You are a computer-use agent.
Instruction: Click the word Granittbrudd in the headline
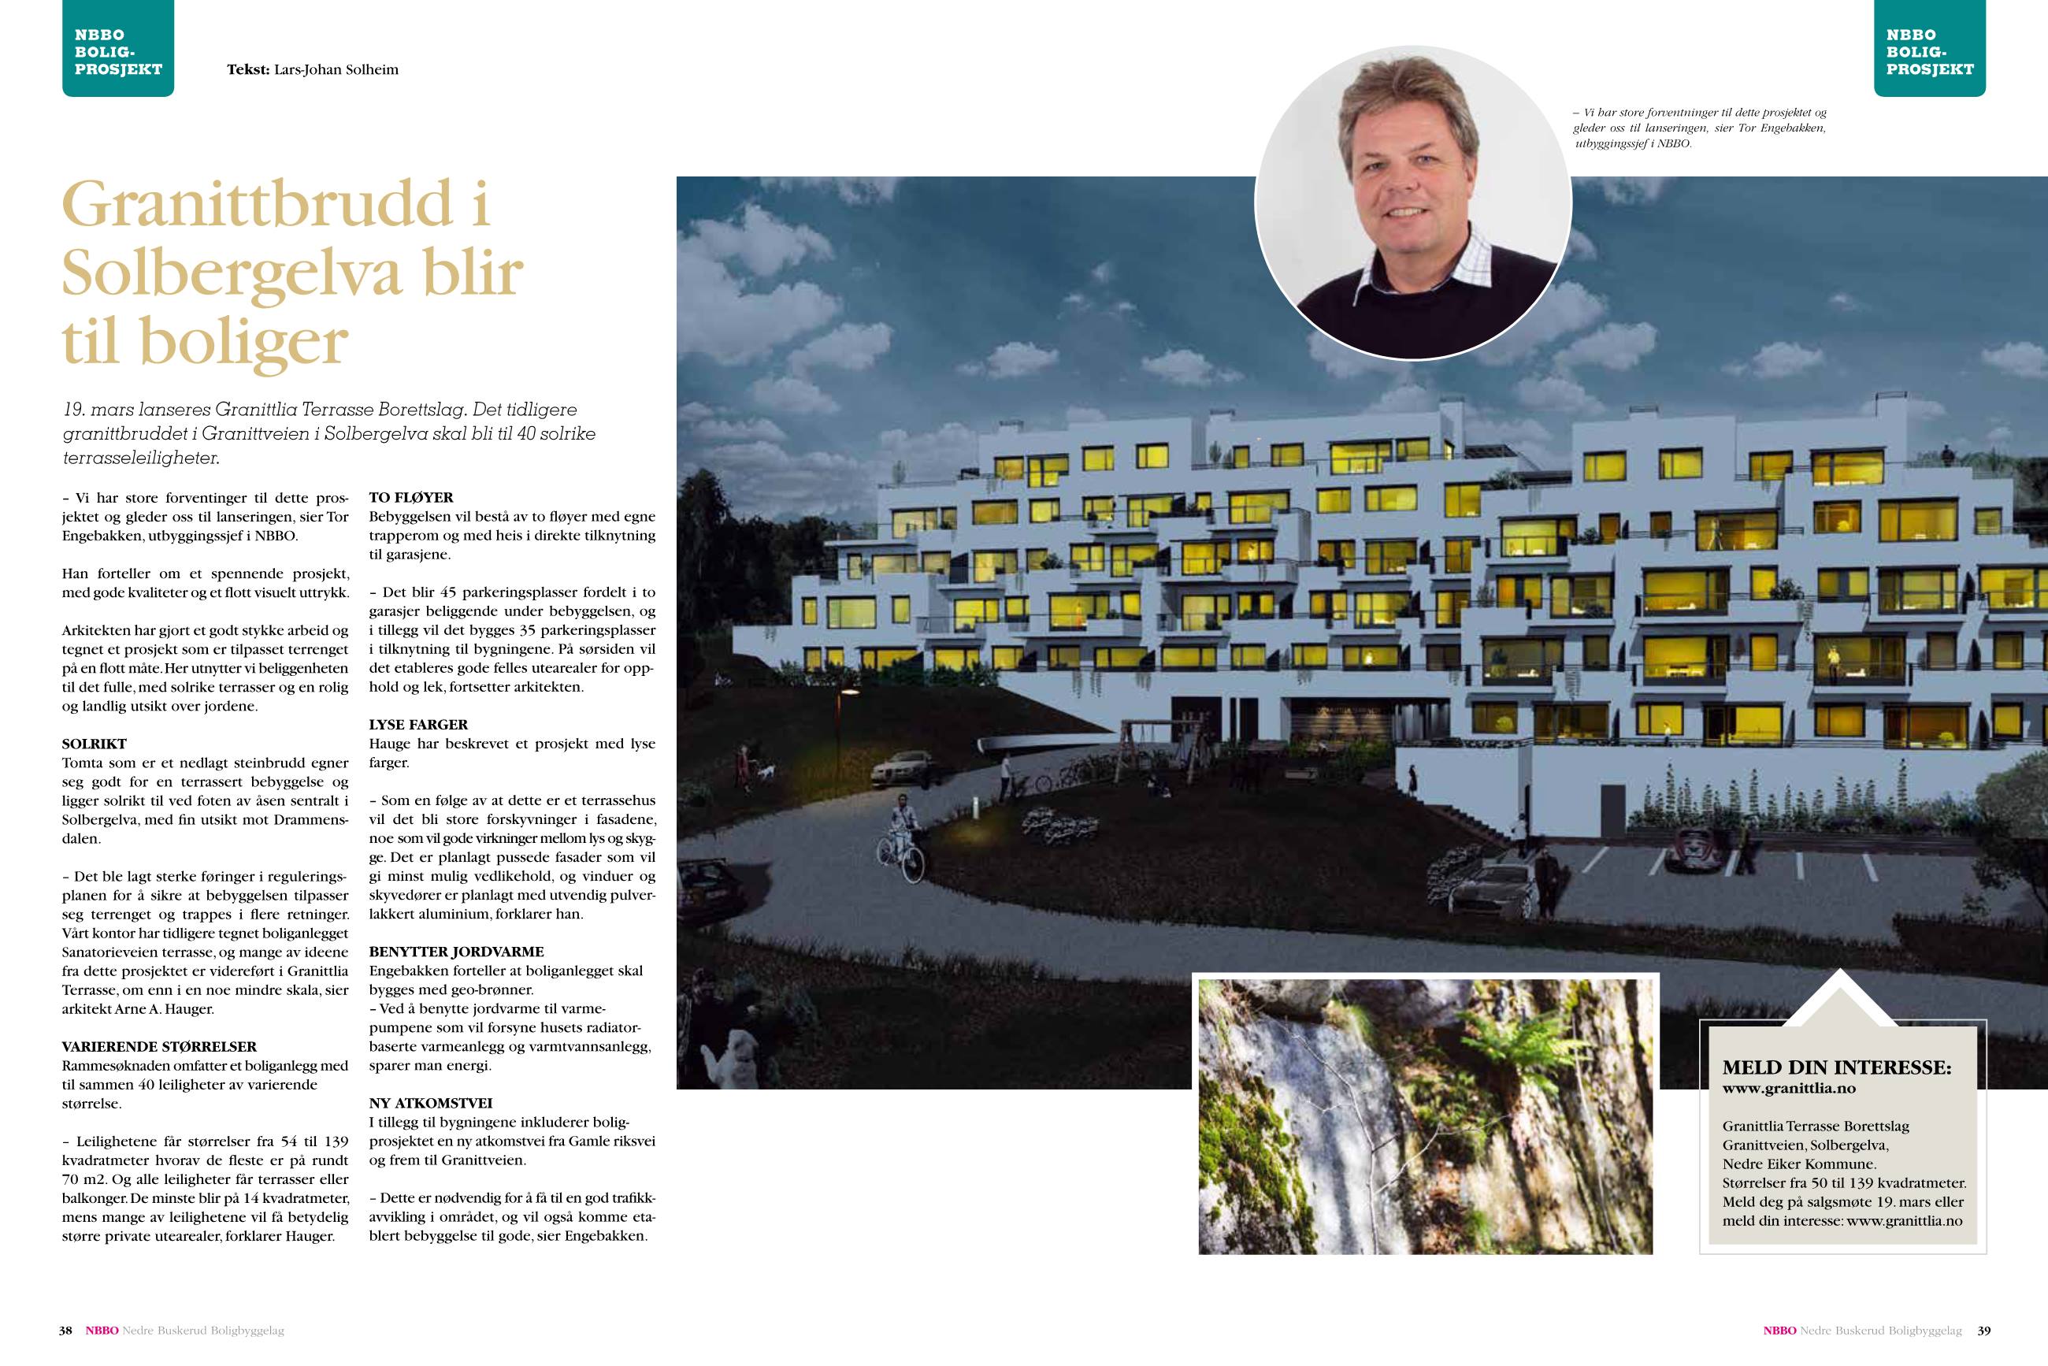tap(257, 205)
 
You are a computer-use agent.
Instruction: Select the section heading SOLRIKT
tap(94, 744)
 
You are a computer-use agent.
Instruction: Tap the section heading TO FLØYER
tap(411, 497)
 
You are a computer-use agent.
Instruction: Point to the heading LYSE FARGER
tap(418, 725)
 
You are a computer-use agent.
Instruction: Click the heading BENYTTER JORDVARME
tap(456, 952)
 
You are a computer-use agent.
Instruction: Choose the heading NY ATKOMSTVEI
tap(430, 1103)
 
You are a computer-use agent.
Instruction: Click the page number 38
tap(65, 1331)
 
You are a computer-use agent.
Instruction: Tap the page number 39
tap(1983, 1331)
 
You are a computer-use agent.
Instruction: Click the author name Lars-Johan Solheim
tap(336, 69)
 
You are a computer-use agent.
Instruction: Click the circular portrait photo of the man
tap(1413, 202)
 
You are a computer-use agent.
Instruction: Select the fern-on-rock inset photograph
tap(1425, 1116)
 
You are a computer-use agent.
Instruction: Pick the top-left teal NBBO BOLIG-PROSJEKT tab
tap(118, 50)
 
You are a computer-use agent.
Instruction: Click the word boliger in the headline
tap(244, 342)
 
